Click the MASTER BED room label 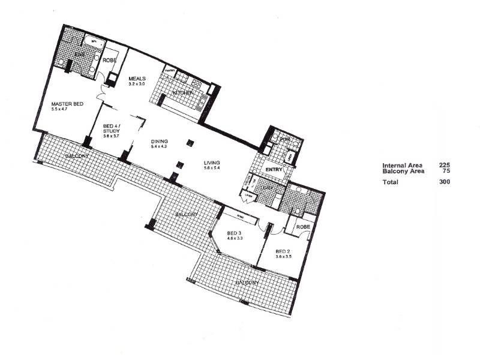tap(67, 104)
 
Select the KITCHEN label tap(182, 94)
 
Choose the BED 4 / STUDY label tap(112, 127)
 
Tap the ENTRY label tap(274, 169)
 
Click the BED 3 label tap(235, 233)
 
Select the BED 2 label tap(283, 251)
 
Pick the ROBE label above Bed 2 tap(303, 227)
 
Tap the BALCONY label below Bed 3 tap(247, 282)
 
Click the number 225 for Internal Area tap(445, 165)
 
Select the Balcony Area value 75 tap(446, 171)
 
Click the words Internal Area tap(402, 165)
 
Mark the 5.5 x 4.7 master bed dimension tap(62, 110)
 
